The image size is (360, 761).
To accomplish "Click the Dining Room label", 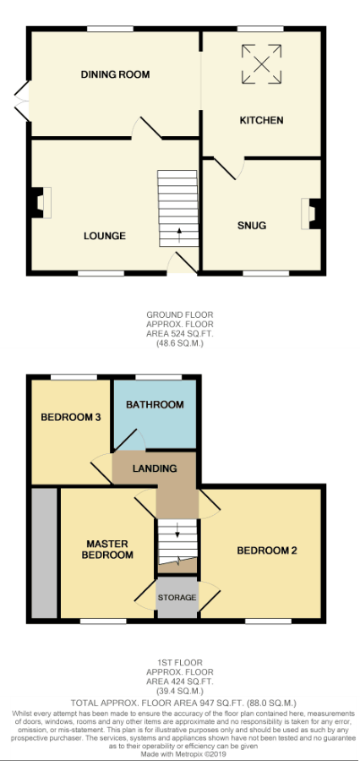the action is [115, 74].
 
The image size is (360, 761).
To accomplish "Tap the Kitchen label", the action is [261, 120].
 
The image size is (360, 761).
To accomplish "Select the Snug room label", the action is [252, 225].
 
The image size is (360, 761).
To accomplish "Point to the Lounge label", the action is [105, 236].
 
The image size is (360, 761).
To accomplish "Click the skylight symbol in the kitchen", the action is [261, 64].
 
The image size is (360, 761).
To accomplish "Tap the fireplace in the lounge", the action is [41, 202].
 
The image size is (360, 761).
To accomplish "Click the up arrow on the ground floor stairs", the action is [179, 235].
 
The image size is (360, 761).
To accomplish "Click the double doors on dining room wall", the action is [22, 101].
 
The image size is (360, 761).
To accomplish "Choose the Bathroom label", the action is [155, 404].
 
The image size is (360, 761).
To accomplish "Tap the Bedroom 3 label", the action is [71, 417].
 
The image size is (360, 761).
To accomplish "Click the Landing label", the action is [155, 468].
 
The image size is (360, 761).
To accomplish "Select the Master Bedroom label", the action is [107, 550].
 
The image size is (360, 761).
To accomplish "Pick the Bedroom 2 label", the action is [267, 550].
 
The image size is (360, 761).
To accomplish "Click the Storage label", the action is [177, 598].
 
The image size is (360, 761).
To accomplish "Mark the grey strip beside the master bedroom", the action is [45, 553].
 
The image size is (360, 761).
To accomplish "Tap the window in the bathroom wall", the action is [159, 376].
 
